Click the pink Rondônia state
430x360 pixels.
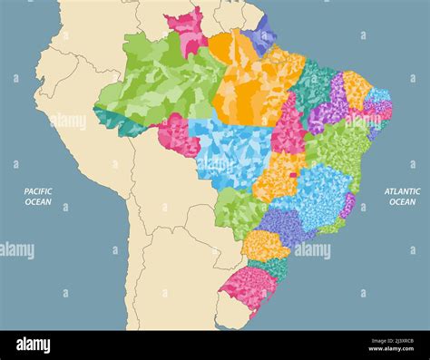point(177,135)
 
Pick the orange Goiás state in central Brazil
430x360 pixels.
point(277,178)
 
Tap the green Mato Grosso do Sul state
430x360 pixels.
point(238,212)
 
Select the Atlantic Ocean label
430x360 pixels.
point(402,197)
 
